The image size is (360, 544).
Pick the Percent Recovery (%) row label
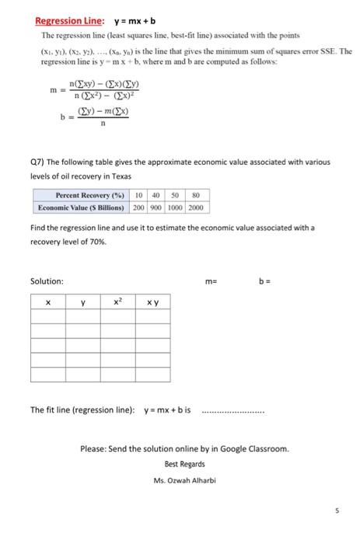tap(81, 196)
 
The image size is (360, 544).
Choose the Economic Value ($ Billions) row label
tap(81, 207)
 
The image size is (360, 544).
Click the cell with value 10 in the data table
tap(138, 196)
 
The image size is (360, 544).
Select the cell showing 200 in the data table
tap(138, 207)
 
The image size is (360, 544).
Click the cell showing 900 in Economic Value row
tap(156, 207)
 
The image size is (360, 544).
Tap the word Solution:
tap(47, 281)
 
